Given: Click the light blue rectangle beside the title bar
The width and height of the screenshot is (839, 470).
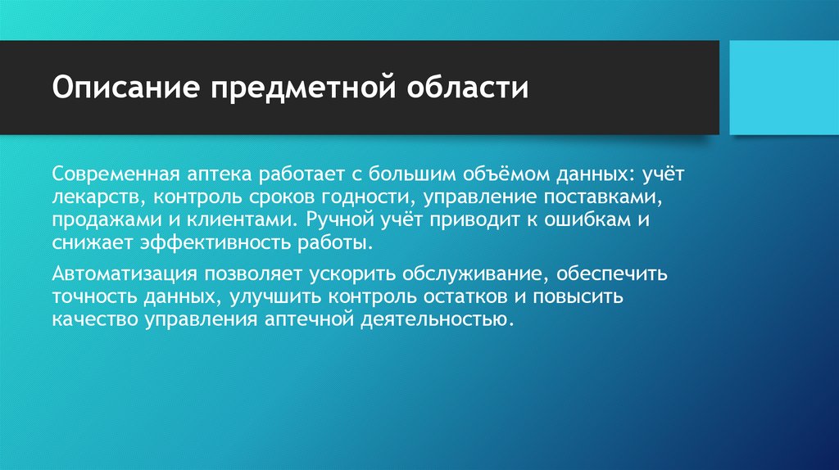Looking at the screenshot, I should point(783,87).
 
